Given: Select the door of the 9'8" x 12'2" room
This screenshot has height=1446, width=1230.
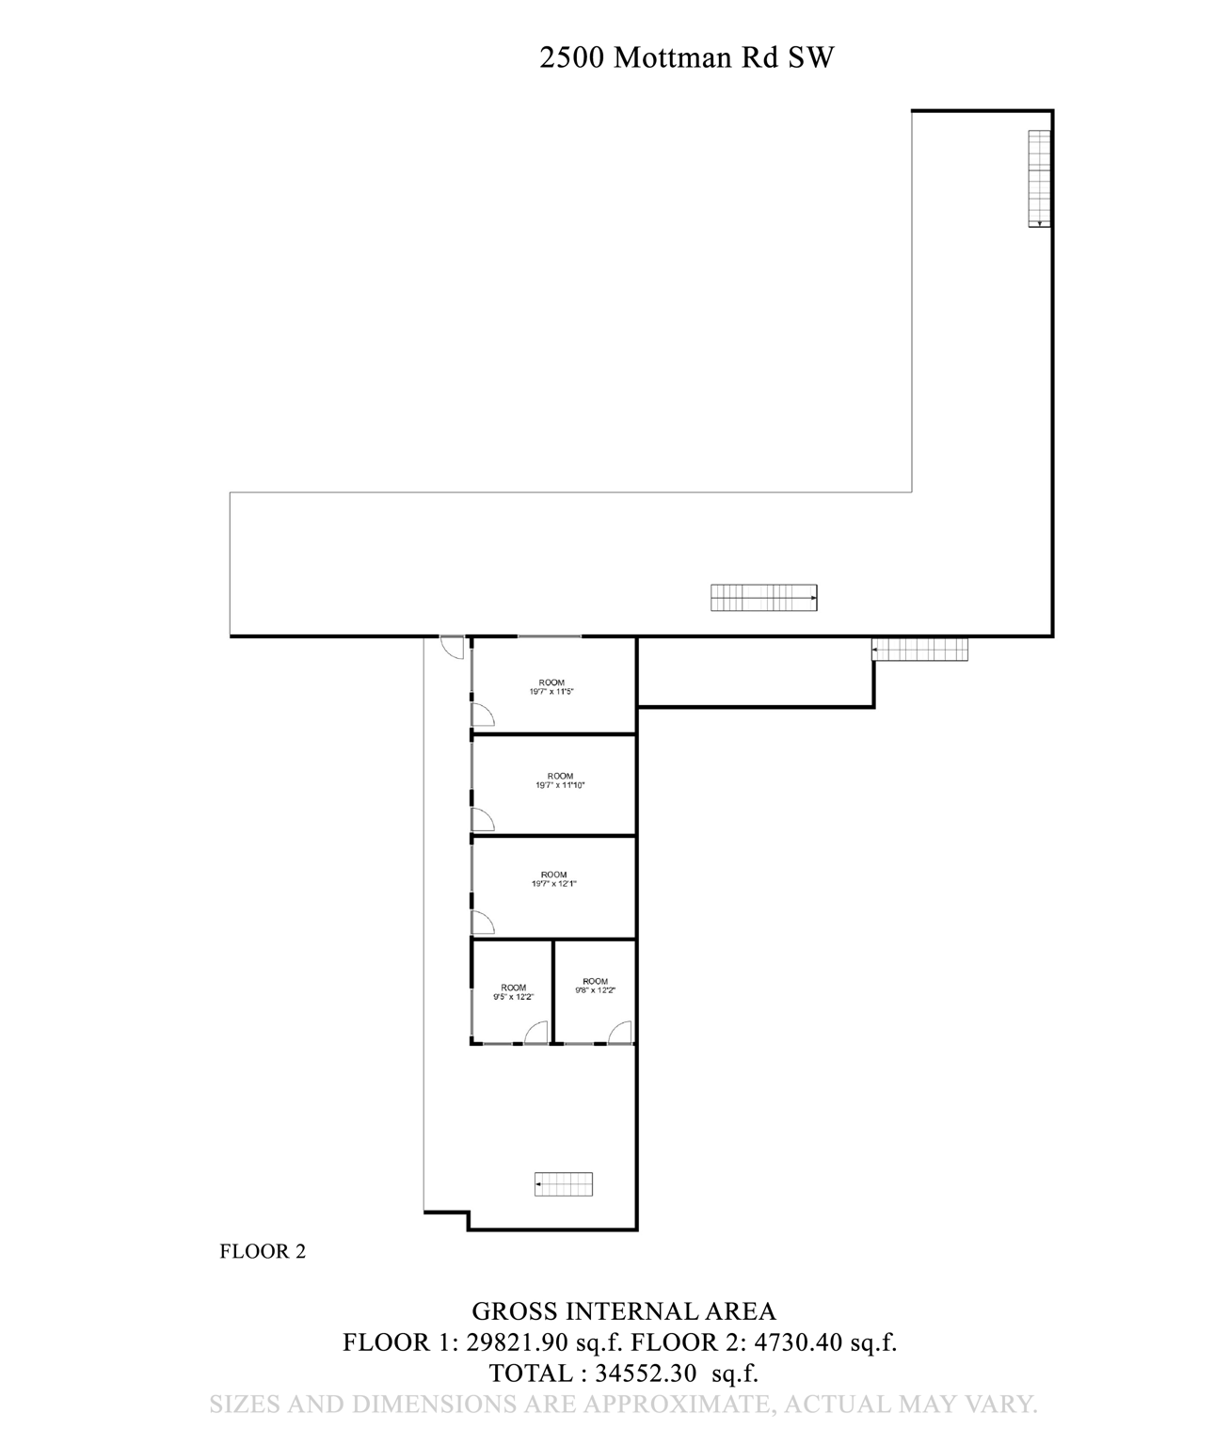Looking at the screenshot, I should click(x=620, y=1034).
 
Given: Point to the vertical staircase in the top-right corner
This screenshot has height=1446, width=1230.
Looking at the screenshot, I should click(x=1038, y=178).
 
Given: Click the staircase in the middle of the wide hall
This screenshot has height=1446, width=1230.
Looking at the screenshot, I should click(x=763, y=598).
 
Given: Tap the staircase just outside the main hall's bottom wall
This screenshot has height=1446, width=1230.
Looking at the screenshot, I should click(x=919, y=650).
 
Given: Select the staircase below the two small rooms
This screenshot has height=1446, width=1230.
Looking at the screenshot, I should click(x=564, y=1183).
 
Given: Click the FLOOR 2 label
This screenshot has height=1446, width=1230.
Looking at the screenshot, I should click(x=263, y=1251).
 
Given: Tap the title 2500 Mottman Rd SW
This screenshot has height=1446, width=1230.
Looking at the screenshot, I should click(x=687, y=58).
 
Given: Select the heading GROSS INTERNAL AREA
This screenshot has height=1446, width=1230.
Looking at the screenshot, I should click(x=623, y=1310).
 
